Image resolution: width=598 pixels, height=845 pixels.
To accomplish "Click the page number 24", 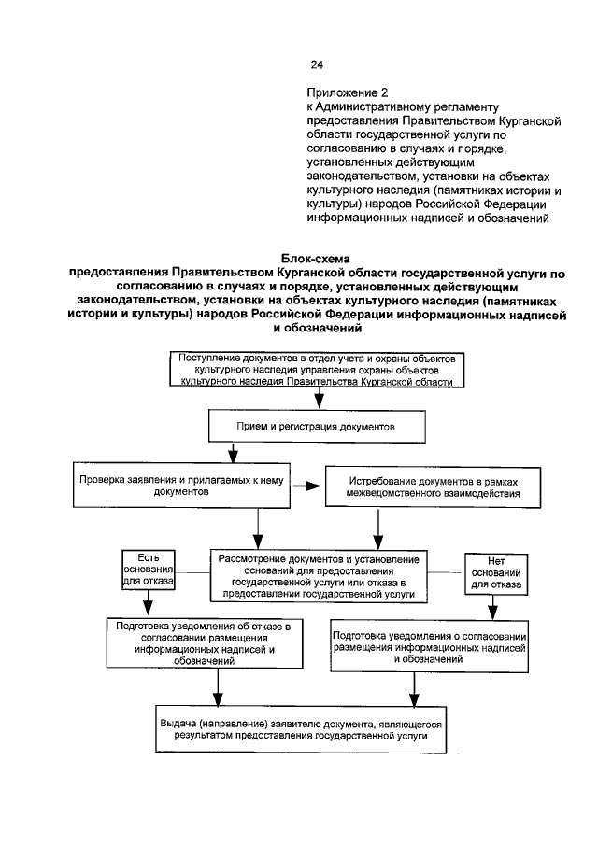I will coord(317,64).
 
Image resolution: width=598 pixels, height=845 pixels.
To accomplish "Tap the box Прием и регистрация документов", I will coord(317,425).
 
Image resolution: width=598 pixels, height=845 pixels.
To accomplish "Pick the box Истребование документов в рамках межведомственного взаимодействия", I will coord(431,485).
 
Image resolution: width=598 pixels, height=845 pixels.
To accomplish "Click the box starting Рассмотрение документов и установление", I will coord(319,573).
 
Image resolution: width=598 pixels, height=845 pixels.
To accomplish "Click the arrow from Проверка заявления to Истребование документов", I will coord(306,485).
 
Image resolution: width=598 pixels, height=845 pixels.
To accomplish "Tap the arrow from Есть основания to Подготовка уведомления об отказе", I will coord(145,604).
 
